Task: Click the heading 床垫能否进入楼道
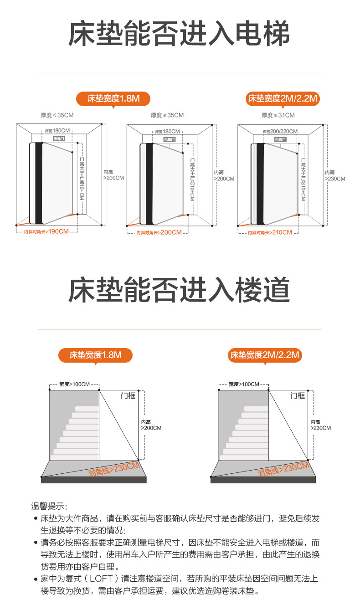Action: click(x=179, y=290)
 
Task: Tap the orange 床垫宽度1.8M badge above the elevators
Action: click(x=113, y=98)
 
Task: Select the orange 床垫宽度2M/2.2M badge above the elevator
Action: click(x=283, y=98)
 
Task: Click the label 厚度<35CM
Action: click(x=57, y=115)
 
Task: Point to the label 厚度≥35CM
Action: click(x=167, y=115)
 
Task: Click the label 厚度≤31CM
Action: click(x=278, y=115)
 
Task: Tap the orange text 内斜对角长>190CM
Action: click(x=46, y=231)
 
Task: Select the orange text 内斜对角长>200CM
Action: click(x=159, y=232)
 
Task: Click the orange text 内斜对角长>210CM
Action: click(x=270, y=232)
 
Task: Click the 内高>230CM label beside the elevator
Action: click(x=335, y=175)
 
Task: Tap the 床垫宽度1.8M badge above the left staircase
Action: click(x=96, y=355)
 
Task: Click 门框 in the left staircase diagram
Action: click(x=128, y=396)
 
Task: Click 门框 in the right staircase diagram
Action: click(x=298, y=396)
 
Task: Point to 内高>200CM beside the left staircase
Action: click(x=151, y=425)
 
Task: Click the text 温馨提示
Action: click(x=49, y=506)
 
